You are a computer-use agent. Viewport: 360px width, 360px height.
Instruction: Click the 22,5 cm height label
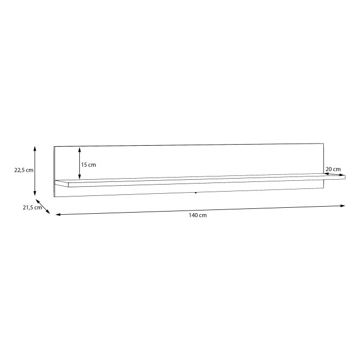tap(24, 171)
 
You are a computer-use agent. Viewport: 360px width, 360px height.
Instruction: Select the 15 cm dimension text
tap(89, 165)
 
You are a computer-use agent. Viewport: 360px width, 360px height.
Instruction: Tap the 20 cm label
tap(333, 169)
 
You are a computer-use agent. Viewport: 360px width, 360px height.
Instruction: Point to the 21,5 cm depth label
tap(32, 208)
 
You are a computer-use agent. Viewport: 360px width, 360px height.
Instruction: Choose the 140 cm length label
tap(198, 215)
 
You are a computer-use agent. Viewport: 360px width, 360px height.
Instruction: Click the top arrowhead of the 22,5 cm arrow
tap(35, 148)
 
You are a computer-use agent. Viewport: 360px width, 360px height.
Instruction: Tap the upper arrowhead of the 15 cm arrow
tap(79, 150)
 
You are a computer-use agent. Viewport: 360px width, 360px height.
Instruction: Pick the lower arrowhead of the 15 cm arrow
tap(79, 177)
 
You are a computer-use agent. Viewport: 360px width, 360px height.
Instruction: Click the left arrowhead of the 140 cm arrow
tap(58, 215)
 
